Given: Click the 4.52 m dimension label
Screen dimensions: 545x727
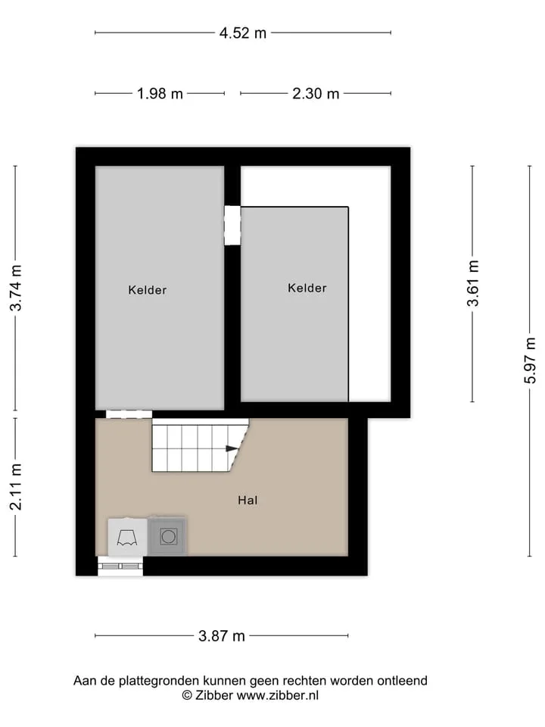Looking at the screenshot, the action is pos(243,33).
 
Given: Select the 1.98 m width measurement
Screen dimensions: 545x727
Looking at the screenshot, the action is pos(160,94).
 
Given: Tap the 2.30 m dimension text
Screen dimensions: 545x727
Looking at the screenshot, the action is pos(316,94).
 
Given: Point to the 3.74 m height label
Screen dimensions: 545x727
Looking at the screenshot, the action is pos(16,288).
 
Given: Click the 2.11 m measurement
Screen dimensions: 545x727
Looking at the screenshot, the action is pos(16,487).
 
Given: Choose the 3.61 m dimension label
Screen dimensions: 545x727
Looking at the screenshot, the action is pos(472,283).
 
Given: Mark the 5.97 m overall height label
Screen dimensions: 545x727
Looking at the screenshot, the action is pos(530,360).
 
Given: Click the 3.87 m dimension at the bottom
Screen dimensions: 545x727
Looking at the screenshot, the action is pos(222,635).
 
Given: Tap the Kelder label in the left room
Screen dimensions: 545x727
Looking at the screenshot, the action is pos(148,290).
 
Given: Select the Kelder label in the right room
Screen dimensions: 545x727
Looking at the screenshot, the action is pos(307,288).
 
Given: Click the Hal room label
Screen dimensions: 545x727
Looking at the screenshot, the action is pos(248,501).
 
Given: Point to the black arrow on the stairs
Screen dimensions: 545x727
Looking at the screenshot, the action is pos(232,448).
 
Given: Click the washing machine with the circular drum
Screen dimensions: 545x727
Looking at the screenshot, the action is pos(168,536).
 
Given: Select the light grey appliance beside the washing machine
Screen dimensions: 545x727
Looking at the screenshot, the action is pos(127,537).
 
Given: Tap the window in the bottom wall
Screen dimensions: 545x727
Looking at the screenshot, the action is pos(120,566).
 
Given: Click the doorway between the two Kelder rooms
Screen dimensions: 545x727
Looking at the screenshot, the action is pos(232,226).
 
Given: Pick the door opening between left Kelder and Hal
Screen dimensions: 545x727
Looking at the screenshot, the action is pos(129,414).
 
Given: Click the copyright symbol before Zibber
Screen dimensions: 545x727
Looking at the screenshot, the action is pos(187,695).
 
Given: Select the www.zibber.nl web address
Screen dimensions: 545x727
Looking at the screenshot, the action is pos(278,695).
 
